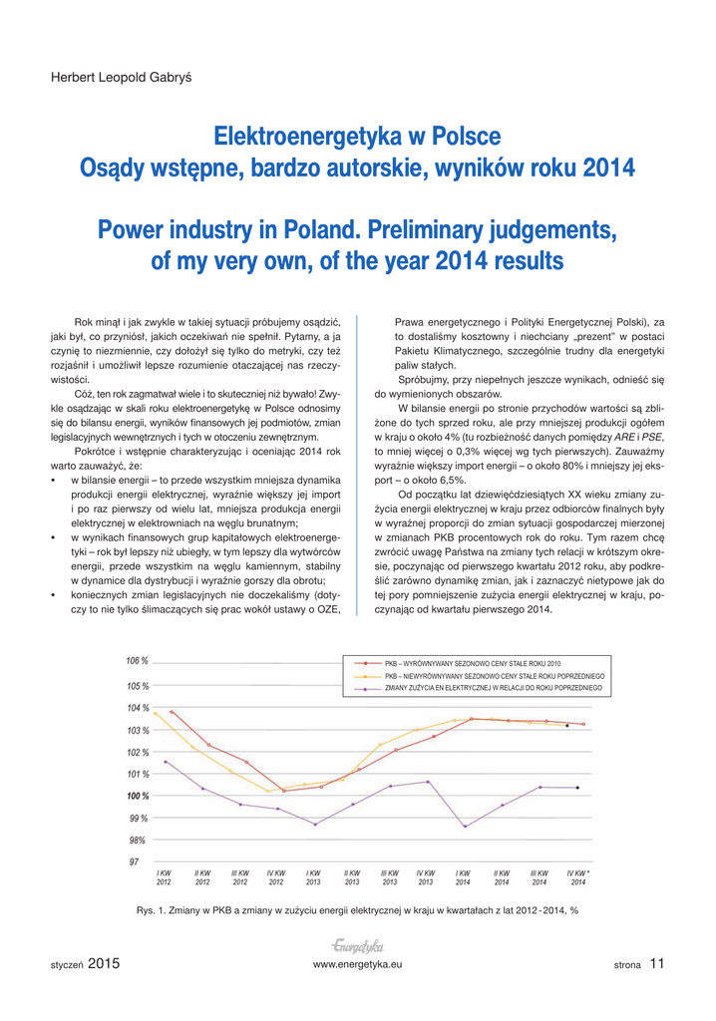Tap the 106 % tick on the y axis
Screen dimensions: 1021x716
click(137, 661)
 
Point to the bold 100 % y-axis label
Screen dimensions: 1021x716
click(137, 796)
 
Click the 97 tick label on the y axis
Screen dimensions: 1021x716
click(134, 861)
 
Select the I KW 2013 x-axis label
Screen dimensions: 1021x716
click(313, 876)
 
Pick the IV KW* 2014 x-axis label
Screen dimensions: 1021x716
click(578, 876)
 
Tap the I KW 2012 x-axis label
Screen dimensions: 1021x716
click(164, 876)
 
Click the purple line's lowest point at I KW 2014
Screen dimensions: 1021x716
click(465, 827)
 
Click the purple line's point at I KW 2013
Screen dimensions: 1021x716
click(315, 825)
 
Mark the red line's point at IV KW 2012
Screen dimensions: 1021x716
click(284, 791)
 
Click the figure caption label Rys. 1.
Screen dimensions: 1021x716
click(149, 909)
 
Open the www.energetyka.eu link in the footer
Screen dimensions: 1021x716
click(357, 965)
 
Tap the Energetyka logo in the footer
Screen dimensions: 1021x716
click(358, 945)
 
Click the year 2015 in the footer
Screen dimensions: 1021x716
click(104, 963)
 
